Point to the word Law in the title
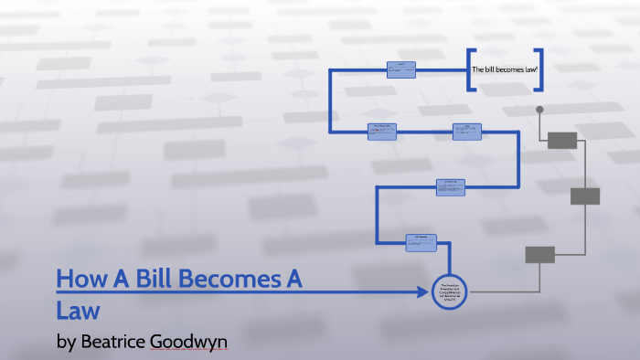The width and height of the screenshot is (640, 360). point(77,310)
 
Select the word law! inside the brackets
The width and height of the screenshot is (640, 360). point(529,70)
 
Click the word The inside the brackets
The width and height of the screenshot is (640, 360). point(476,70)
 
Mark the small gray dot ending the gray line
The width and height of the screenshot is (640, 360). point(539,110)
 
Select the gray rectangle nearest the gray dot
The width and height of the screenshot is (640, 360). point(562,140)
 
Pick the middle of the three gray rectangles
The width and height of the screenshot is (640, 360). point(585,196)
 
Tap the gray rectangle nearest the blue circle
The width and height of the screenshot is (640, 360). point(540,254)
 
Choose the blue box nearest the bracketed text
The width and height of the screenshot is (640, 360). point(400,69)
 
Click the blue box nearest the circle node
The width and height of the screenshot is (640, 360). point(422,242)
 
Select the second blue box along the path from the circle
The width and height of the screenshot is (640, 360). point(451,186)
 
